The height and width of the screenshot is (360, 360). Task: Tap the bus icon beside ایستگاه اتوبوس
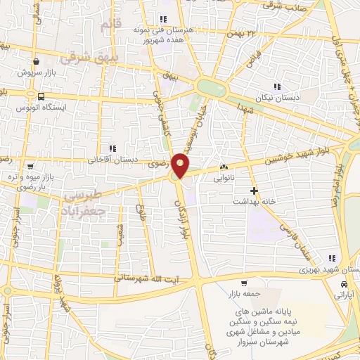pos(41,97)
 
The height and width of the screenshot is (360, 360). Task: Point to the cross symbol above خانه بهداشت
pos(254,191)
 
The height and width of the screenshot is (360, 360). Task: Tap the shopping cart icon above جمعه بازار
pos(243,283)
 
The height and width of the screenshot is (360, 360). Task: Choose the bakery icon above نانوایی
pos(224,167)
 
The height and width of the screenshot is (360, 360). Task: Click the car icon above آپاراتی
pos(343,284)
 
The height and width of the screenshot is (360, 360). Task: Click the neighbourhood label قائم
pos(111,26)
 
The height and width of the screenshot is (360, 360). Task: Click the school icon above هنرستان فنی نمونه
pos(164,19)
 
